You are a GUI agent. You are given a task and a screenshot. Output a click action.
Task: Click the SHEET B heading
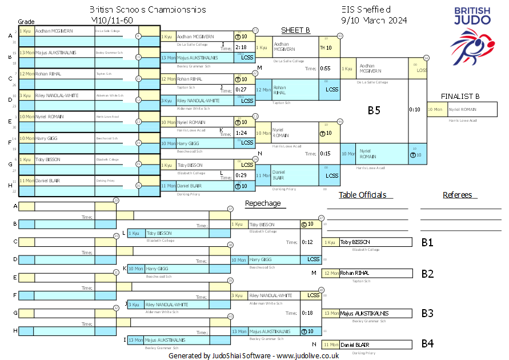click(x=295, y=30)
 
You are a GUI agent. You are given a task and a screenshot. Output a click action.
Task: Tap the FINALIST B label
click(x=460, y=96)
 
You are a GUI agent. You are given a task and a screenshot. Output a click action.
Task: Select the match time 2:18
click(x=241, y=47)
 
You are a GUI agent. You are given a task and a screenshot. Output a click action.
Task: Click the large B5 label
click(x=374, y=110)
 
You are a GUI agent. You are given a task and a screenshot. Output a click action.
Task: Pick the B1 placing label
click(x=427, y=242)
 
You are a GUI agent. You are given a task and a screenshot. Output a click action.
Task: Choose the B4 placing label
click(x=427, y=344)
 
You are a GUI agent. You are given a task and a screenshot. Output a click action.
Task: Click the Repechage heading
click(x=263, y=203)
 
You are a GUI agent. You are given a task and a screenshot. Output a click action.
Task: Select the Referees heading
click(x=457, y=195)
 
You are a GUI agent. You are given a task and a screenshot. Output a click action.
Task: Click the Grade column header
click(x=26, y=21)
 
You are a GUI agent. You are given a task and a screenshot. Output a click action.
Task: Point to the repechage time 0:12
click(x=307, y=242)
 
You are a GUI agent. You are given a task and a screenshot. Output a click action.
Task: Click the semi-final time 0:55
click(x=326, y=69)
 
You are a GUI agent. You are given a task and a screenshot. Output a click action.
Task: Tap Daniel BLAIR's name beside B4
click(x=355, y=345)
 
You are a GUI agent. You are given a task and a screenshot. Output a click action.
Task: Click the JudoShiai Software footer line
click(x=254, y=355)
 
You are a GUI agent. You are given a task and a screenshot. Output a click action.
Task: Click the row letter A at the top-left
click(x=10, y=36)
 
